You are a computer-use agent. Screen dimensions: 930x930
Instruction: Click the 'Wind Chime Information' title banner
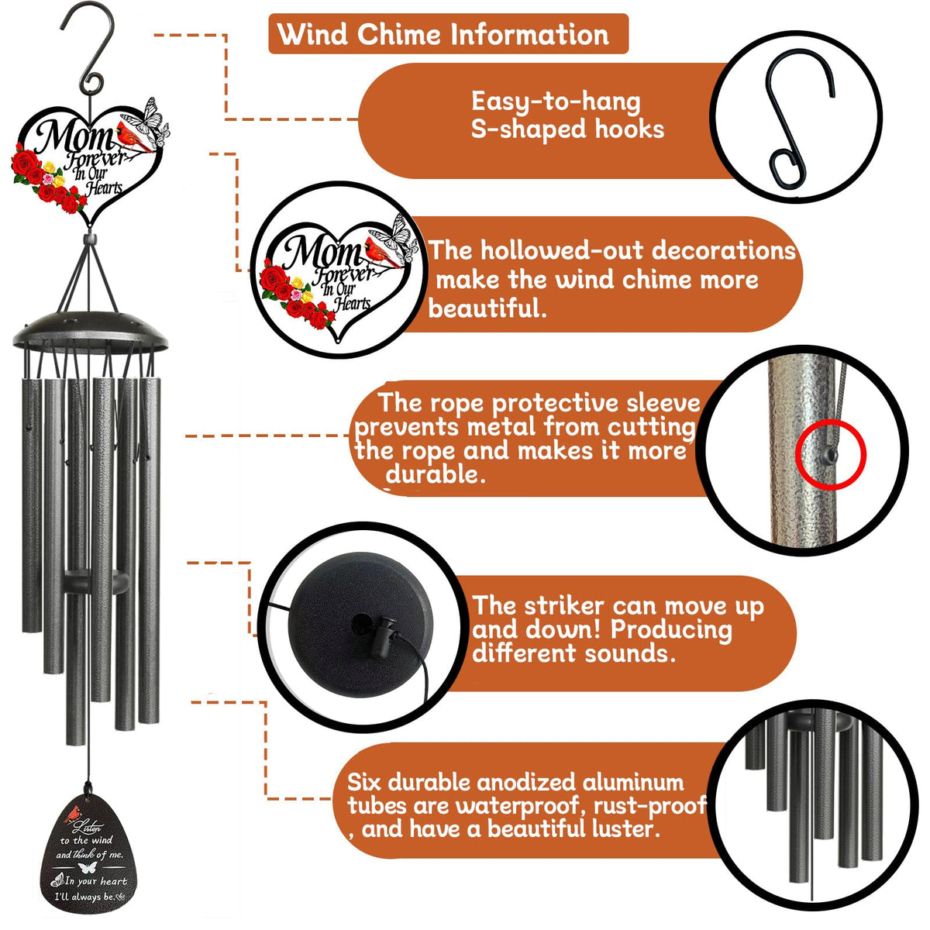(x=448, y=34)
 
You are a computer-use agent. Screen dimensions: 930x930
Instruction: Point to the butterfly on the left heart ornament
(x=148, y=119)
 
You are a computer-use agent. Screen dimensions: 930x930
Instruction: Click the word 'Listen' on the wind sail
(x=88, y=827)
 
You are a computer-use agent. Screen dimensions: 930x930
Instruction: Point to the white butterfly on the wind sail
(x=87, y=867)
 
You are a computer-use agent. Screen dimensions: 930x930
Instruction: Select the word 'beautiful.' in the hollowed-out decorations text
(x=487, y=308)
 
